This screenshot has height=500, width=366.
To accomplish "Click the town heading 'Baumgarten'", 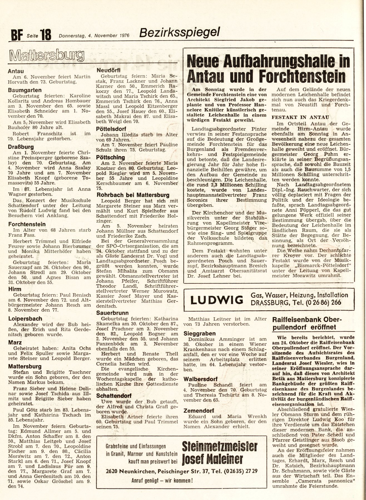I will click(25, 90).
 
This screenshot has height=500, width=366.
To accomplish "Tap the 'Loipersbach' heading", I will click(25, 319).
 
